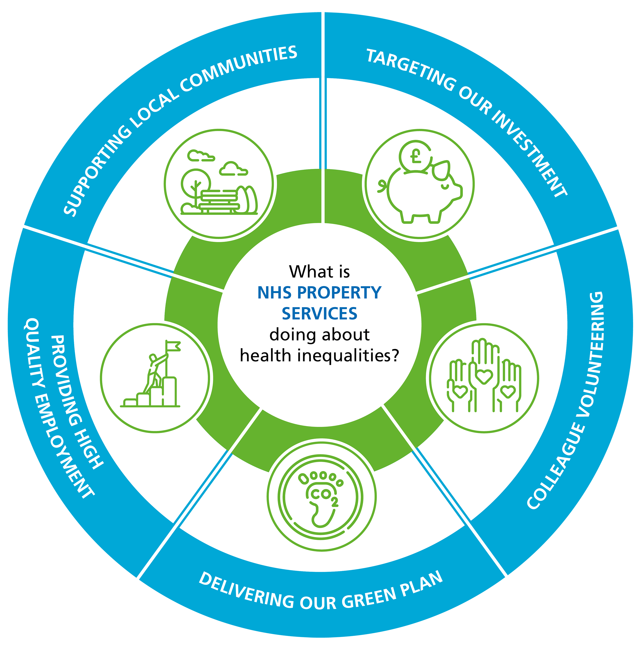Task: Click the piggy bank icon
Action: pyautogui.click(x=424, y=195)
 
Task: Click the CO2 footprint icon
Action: pyautogui.click(x=322, y=497)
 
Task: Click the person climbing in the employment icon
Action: pyautogui.click(x=154, y=372)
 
